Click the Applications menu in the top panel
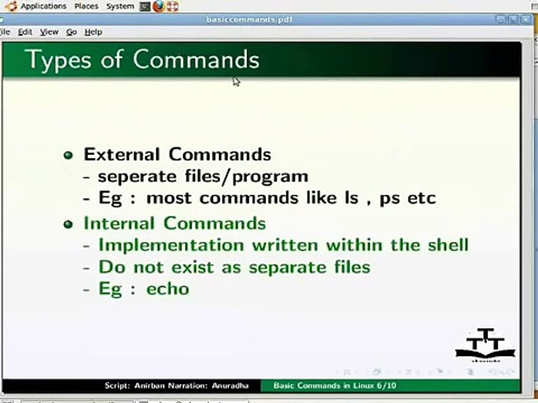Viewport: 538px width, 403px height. point(43,6)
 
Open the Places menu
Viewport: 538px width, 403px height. point(86,6)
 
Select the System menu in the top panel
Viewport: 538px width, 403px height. point(120,6)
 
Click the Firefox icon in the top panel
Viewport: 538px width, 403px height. point(159,7)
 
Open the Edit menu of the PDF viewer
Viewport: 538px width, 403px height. point(25,32)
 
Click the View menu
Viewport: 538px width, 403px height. point(49,32)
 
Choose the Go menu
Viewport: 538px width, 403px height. point(71,32)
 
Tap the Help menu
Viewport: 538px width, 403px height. point(93,32)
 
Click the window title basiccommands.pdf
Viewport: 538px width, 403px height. point(249,20)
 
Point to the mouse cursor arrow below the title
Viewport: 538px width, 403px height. point(236,82)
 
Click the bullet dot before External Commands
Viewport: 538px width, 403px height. point(68,155)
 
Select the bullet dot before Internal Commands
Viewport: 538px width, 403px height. point(68,224)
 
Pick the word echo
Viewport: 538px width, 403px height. point(168,289)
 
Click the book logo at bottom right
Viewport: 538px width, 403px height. point(485,345)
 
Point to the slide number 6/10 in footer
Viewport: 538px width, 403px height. point(386,386)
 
